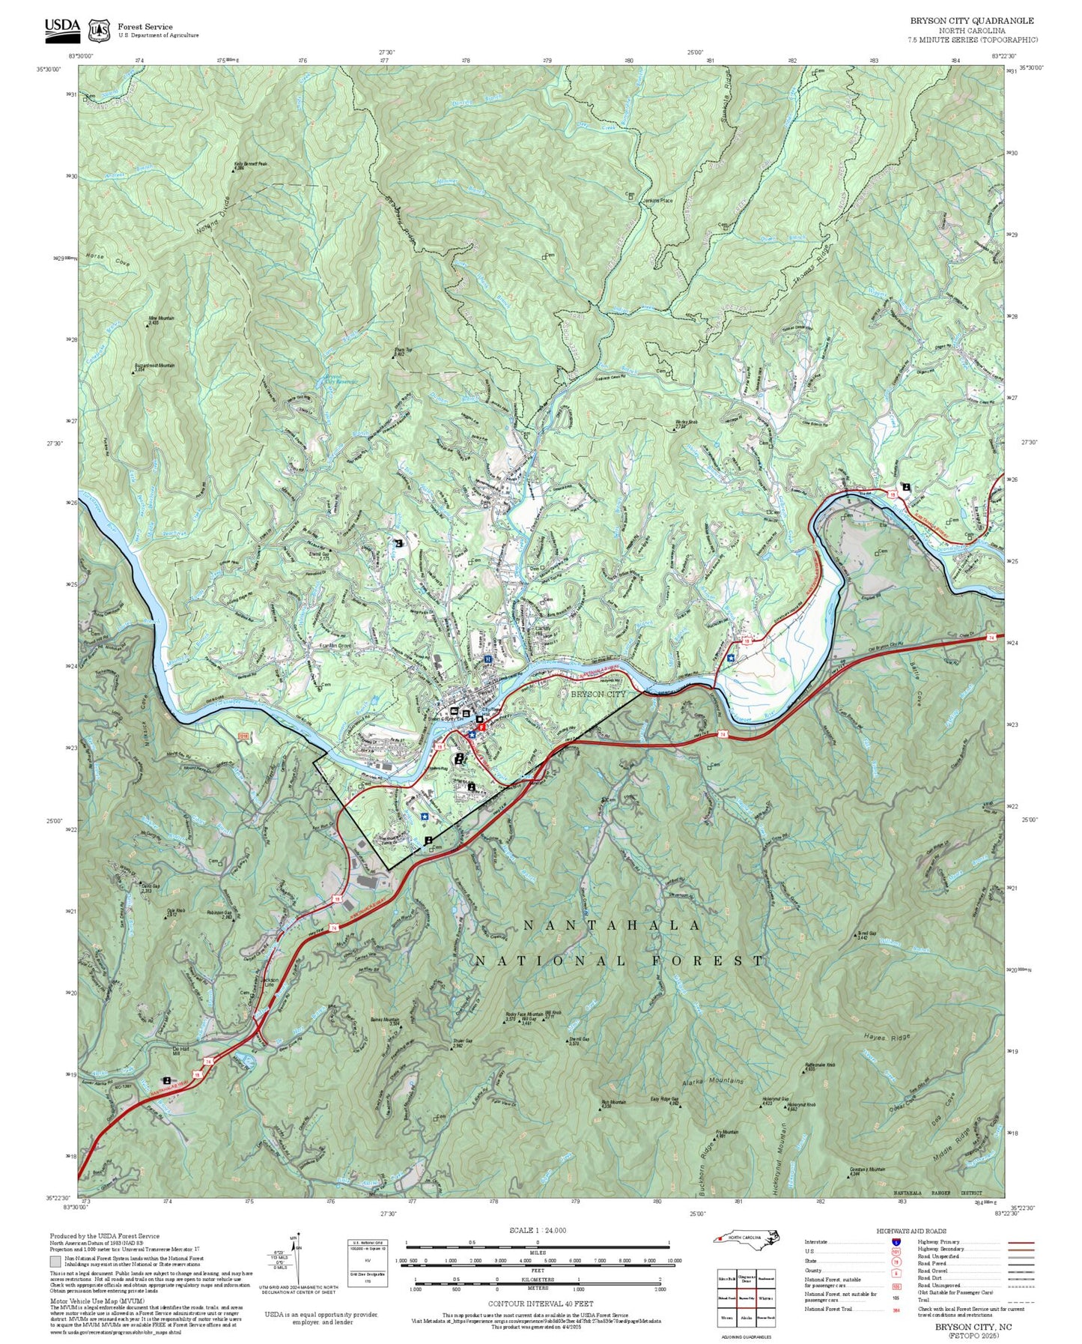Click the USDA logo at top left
62,28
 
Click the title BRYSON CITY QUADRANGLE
972,21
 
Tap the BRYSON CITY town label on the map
598,694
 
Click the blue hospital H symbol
488,659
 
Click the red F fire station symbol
481,727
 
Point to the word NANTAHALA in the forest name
612,926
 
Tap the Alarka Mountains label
713,1082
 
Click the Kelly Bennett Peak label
250,163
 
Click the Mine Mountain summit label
161,318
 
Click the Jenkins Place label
657,201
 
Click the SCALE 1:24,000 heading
537,1231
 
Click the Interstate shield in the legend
896,1242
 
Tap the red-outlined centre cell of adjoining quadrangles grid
745,1298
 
